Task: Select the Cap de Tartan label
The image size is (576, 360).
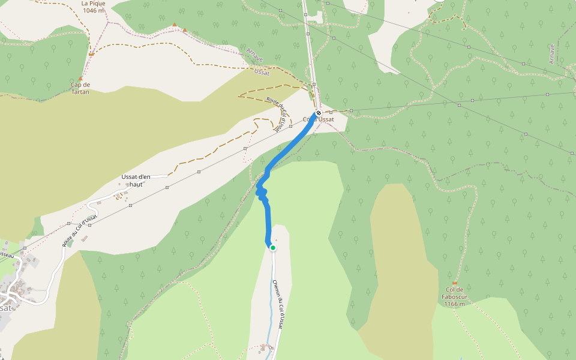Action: click(x=80, y=88)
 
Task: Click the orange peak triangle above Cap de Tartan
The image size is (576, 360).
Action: click(x=80, y=79)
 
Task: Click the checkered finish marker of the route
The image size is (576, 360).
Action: click(x=319, y=113)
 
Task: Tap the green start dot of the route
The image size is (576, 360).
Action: click(x=272, y=247)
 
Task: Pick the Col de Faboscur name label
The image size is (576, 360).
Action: click(x=455, y=297)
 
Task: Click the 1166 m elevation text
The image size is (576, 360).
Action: click(x=455, y=304)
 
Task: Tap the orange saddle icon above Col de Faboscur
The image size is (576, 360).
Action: click(x=455, y=283)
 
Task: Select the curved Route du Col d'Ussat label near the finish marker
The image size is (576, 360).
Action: click(x=275, y=114)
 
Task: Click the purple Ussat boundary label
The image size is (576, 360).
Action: click(x=262, y=71)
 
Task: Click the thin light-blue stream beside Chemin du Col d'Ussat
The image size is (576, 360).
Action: click(x=271, y=300)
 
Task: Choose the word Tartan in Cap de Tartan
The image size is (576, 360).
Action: click(x=80, y=92)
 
